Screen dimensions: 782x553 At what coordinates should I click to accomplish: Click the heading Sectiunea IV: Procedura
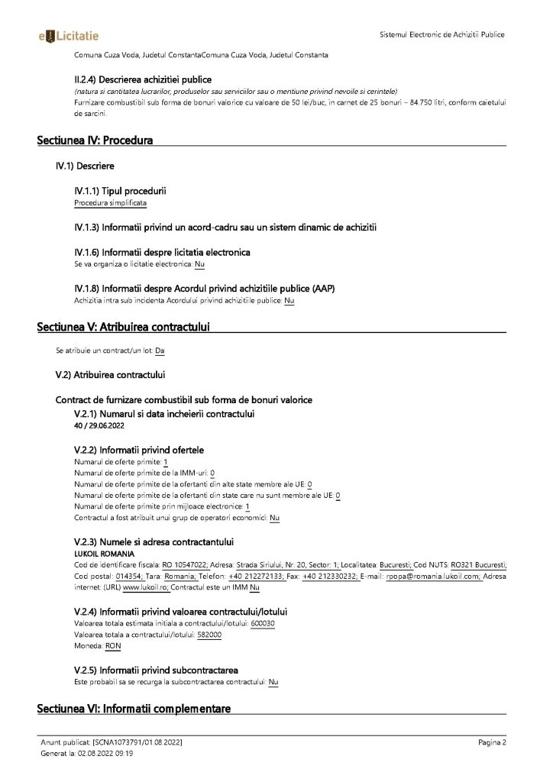(x=95, y=141)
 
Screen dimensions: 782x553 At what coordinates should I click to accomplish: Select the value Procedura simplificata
(x=110, y=203)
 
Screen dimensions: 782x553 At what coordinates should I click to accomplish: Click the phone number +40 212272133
(x=257, y=577)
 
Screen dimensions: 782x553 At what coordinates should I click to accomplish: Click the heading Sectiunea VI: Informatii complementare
(x=134, y=709)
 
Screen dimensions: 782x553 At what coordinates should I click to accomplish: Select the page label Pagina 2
(x=493, y=742)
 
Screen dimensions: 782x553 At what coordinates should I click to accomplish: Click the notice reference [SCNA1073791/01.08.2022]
(x=137, y=742)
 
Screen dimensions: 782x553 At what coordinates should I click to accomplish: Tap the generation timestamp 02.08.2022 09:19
(x=104, y=754)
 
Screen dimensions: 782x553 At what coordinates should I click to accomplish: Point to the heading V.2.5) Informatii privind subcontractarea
(x=156, y=669)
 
